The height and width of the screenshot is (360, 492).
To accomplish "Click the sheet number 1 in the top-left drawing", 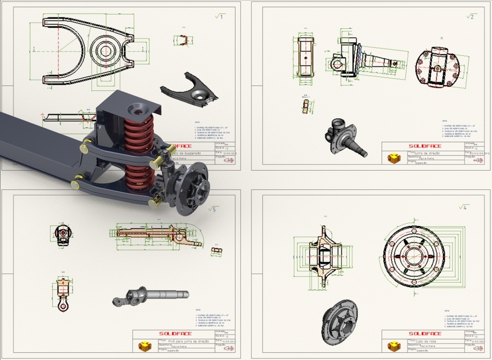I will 219,17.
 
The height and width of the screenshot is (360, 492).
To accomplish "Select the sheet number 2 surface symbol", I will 470,16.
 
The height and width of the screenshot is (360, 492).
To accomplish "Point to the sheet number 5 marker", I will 212,209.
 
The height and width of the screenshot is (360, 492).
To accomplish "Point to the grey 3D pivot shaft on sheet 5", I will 150,295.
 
